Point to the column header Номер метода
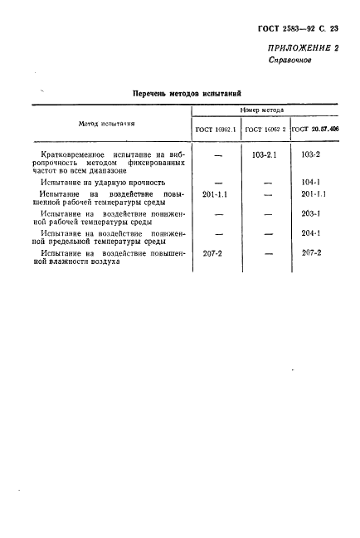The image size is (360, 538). (261, 110)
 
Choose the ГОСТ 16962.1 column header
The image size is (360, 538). (216, 130)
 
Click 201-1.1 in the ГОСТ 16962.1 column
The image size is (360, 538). (216, 193)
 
